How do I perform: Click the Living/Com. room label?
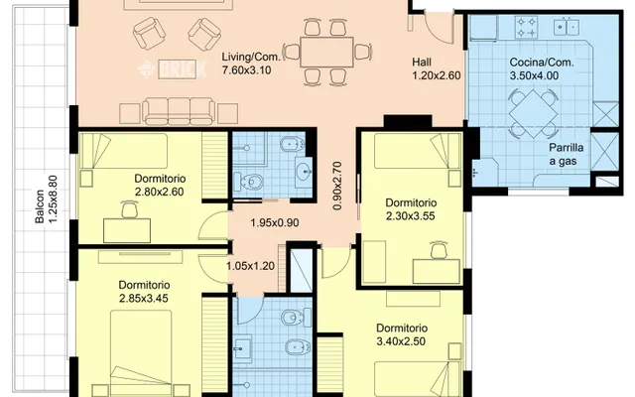click(251, 57)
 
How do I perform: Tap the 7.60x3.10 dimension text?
click(247, 70)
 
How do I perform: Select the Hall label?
click(422, 62)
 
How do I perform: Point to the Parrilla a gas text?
click(567, 155)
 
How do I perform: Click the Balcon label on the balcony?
click(40, 206)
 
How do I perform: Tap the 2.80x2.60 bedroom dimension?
click(159, 192)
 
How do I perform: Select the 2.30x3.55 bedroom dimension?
click(410, 216)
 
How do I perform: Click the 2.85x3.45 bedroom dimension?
click(143, 299)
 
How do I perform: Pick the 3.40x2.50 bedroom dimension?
click(401, 341)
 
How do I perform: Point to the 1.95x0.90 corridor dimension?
click(275, 222)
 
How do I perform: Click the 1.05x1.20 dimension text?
click(250, 266)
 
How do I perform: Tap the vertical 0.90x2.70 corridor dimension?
click(337, 186)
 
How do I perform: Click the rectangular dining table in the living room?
click(326, 52)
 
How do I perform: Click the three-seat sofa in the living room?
click(179, 111)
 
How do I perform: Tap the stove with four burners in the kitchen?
click(526, 27)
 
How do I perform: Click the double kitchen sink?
click(567, 27)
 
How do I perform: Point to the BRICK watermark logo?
click(172, 69)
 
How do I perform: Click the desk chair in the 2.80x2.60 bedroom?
click(129, 209)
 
